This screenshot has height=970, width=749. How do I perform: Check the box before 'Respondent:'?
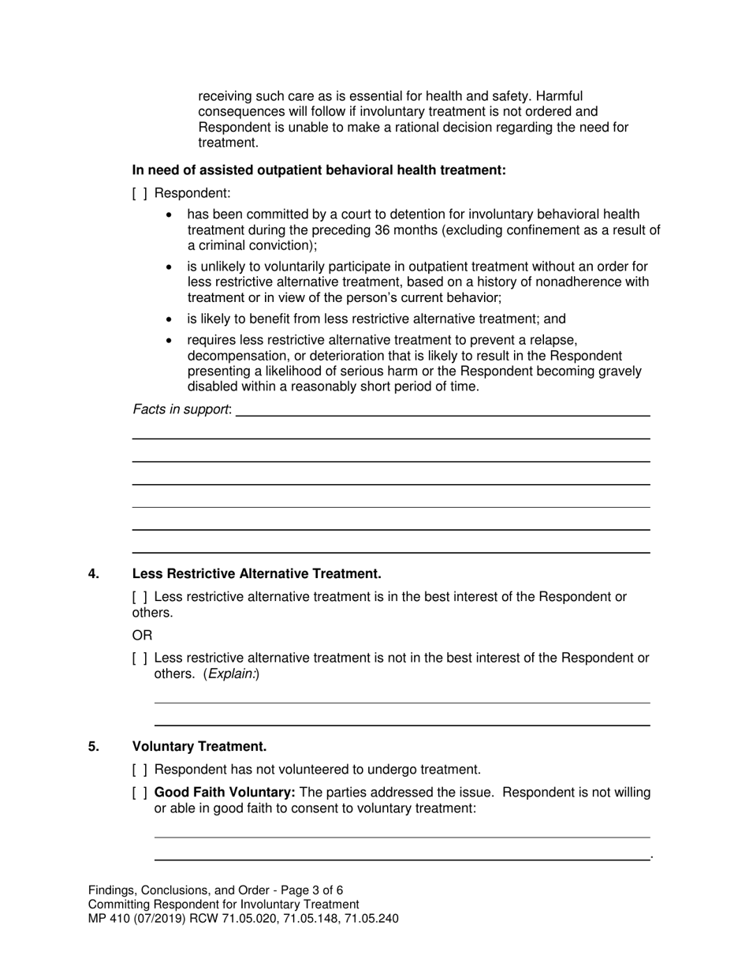tap(140, 193)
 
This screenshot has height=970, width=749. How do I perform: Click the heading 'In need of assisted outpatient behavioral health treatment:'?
tap(319, 170)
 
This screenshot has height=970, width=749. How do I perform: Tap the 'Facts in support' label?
tap(181, 409)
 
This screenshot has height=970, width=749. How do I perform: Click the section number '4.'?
tap(94, 574)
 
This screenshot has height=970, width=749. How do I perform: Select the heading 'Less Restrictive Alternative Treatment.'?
tap(256, 574)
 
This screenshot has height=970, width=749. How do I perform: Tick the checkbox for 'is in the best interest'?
tap(140, 597)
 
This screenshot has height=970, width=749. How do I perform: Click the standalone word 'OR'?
tap(142, 636)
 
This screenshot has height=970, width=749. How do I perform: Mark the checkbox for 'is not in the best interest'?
tap(140, 658)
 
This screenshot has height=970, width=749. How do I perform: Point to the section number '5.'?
tap(94, 747)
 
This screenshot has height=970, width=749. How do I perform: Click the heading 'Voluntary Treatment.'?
tap(199, 747)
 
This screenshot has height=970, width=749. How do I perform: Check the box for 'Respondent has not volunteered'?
tap(140, 770)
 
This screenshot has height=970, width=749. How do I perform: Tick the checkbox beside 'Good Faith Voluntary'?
tap(140, 793)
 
